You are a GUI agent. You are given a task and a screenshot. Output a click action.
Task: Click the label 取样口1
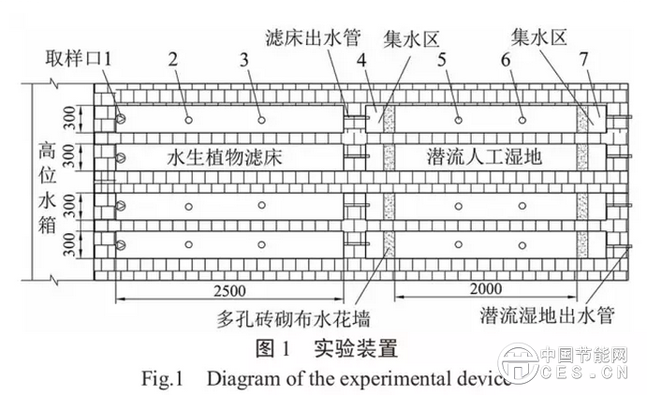click(80, 57)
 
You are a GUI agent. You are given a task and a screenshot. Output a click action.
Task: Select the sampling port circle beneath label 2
click(189, 120)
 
